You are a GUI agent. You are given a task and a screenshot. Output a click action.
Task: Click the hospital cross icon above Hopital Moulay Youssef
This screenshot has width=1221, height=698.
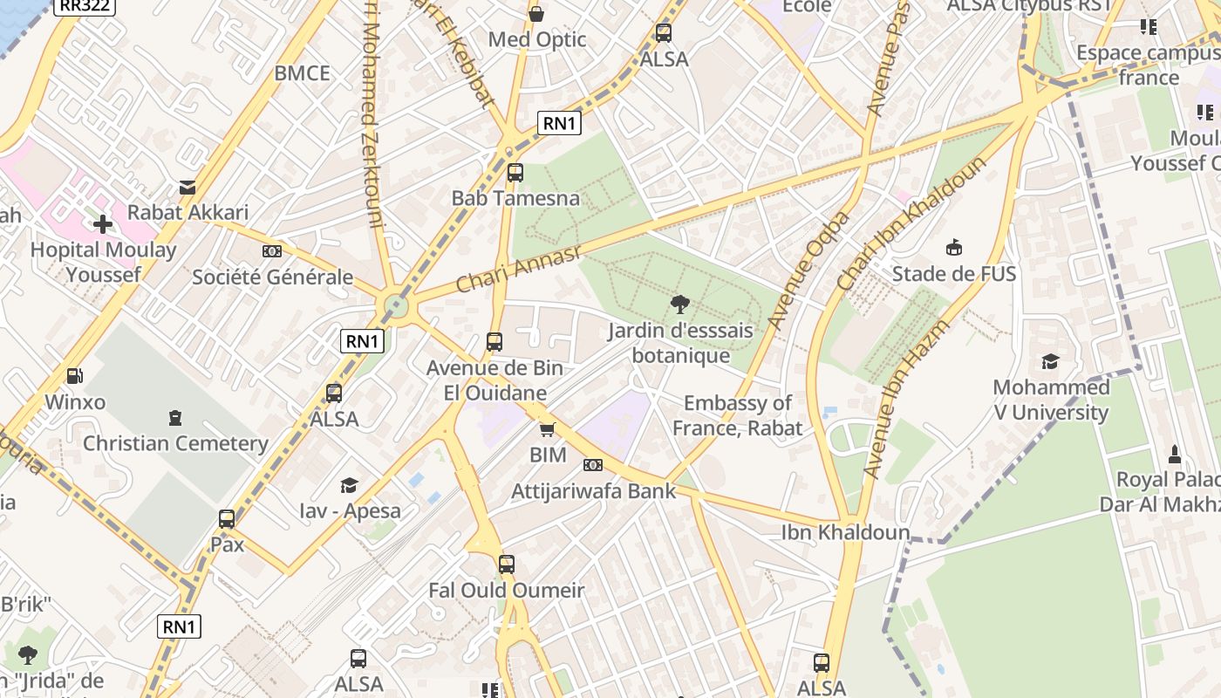click(x=103, y=224)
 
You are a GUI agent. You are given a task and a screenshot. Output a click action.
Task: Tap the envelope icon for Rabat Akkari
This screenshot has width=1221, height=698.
click(x=188, y=187)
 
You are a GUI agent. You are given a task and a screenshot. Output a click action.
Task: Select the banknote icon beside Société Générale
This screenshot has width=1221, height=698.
click(x=272, y=251)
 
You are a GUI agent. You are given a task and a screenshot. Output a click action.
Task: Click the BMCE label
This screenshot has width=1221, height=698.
click(x=302, y=73)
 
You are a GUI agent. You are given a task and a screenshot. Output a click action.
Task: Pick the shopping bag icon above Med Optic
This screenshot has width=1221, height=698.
click(x=536, y=14)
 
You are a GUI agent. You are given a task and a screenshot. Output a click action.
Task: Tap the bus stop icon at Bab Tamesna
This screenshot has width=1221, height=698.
click(x=515, y=173)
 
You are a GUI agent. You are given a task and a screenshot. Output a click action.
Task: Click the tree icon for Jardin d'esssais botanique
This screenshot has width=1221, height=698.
click(x=680, y=305)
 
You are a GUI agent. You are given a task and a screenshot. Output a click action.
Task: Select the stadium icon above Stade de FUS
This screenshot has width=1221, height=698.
click(x=954, y=248)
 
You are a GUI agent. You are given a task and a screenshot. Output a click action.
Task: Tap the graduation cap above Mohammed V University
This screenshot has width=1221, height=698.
click(x=1050, y=361)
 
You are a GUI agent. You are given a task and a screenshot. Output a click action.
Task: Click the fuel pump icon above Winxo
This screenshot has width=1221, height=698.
click(x=75, y=376)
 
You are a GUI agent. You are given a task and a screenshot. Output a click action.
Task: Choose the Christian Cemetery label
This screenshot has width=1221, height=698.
click(x=175, y=443)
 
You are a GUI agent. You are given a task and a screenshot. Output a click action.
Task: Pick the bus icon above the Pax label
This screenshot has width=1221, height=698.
click(x=227, y=519)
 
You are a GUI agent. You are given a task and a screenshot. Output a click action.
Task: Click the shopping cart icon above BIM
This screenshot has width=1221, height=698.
click(x=548, y=429)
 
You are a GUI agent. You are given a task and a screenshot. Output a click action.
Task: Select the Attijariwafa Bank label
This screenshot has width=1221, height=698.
click(x=593, y=491)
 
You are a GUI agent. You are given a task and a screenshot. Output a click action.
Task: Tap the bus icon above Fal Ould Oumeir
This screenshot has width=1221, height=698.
click(x=507, y=565)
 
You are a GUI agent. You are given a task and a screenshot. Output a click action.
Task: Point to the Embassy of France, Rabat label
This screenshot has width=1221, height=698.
click(x=737, y=415)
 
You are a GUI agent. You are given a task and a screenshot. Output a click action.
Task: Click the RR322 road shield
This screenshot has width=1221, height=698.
click(x=85, y=6)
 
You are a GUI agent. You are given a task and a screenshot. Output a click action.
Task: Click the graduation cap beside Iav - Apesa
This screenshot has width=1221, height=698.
click(x=349, y=485)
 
